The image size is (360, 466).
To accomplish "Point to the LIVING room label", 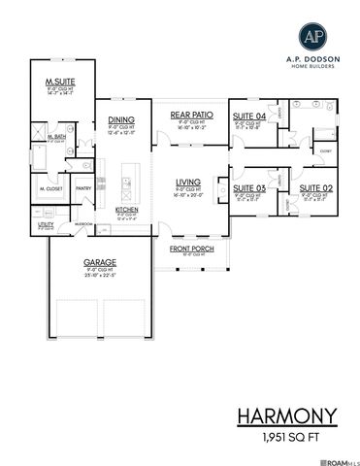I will coord(189,182).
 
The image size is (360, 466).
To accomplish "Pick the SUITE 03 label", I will coord(248,187).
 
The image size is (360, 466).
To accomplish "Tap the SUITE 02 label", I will coord(315,187).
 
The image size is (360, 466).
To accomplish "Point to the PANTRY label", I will coord(83,189).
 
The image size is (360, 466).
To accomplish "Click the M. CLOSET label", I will coord(49,189).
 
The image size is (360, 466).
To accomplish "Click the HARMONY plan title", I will coord(287,416).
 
